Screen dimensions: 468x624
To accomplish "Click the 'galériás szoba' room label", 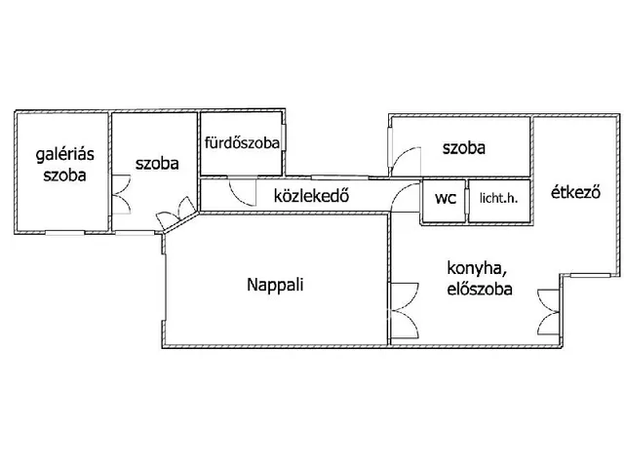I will click(61, 165).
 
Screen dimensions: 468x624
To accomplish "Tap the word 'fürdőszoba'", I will click(242, 142).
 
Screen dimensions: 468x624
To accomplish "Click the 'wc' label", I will click(446, 199).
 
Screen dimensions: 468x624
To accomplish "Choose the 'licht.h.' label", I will click(498, 200).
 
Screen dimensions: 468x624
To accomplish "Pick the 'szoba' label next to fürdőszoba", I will click(156, 164).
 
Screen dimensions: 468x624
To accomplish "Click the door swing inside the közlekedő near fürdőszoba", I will click(237, 191).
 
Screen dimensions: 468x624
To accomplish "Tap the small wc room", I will click(445, 202).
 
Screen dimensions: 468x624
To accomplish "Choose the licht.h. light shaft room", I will click(498, 202).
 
